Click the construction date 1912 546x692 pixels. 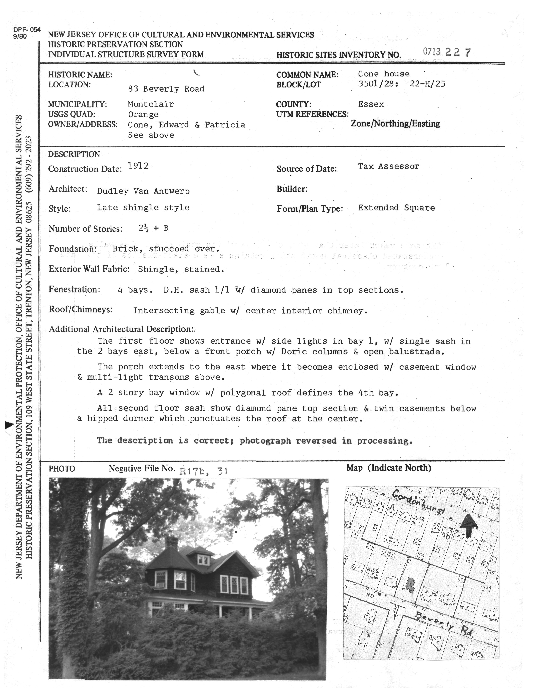pyautogui.click(x=138, y=166)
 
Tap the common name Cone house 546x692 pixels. pyautogui.click(x=383, y=74)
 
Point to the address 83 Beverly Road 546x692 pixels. pyautogui.click(x=166, y=89)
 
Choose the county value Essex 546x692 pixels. pyautogui.click(x=371, y=104)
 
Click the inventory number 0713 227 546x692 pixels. pyautogui.click(x=446, y=52)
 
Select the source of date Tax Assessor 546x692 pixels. pyautogui.click(x=388, y=166)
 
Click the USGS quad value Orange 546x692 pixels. pyautogui.click(x=143, y=115)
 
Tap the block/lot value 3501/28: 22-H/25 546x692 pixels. pyautogui.click(x=401, y=84)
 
